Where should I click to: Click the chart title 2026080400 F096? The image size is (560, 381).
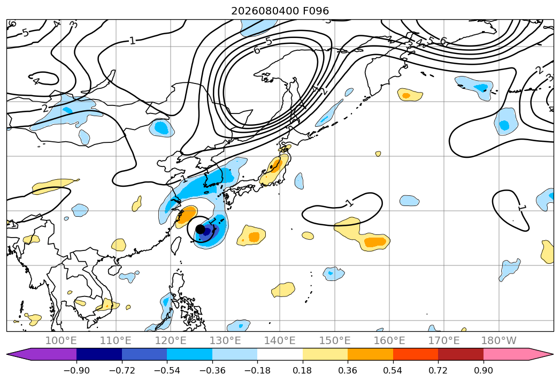(280, 11)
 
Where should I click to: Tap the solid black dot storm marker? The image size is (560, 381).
(201, 229)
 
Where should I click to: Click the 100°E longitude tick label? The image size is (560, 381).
(61, 340)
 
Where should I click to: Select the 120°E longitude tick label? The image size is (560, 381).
(171, 340)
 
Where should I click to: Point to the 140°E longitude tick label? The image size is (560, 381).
(280, 340)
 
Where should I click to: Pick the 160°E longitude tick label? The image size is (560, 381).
(389, 340)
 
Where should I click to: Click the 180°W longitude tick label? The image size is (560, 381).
(498, 340)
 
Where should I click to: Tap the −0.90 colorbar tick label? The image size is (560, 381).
(76, 370)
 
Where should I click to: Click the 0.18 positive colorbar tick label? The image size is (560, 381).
(303, 370)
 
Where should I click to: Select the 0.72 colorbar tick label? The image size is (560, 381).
(438, 370)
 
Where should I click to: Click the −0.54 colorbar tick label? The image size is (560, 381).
(167, 370)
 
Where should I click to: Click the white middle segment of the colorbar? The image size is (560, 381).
(280, 354)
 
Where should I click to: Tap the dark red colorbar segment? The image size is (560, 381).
(461, 354)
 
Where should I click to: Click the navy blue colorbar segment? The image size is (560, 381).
(99, 354)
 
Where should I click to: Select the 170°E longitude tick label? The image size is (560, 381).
(444, 340)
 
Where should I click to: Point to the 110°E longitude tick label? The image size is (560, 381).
(116, 340)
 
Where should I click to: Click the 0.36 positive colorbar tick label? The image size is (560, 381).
(348, 370)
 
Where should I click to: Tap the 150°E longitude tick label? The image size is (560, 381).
(335, 340)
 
